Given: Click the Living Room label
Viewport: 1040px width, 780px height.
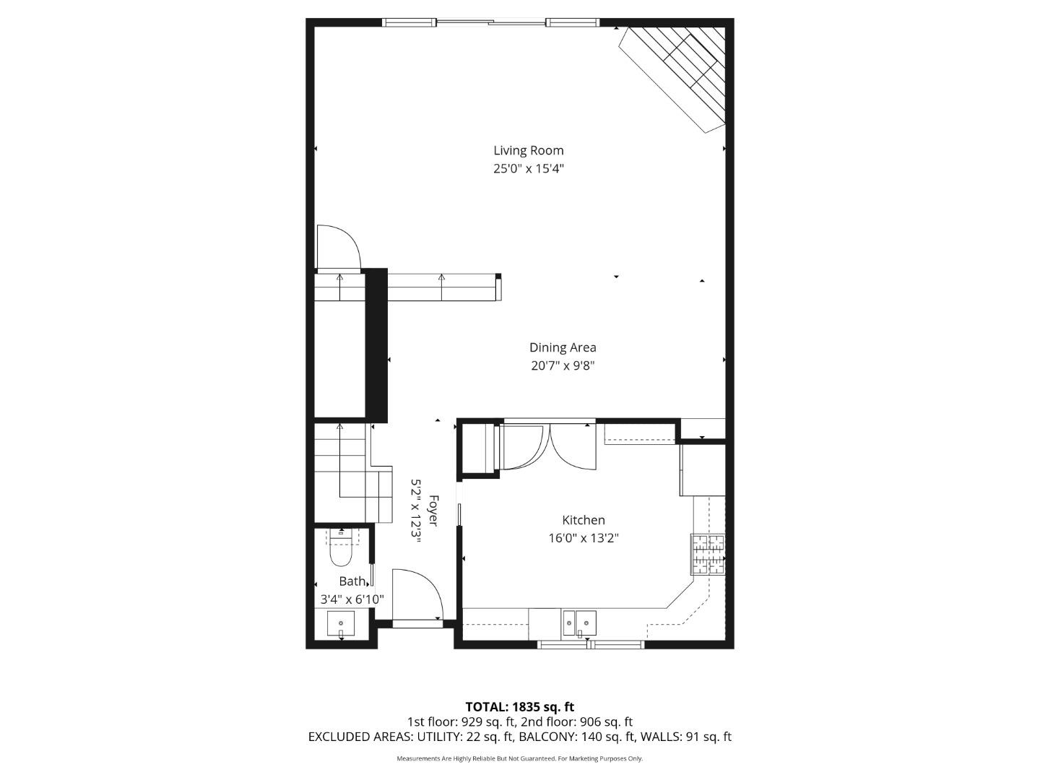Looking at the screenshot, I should click(x=528, y=150).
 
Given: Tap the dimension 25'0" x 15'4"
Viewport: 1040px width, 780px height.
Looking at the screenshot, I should click(x=528, y=169).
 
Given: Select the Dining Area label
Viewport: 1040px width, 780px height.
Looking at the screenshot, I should click(x=563, y=347).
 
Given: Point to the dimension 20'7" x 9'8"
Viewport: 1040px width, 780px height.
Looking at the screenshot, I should click(x=563, y=366).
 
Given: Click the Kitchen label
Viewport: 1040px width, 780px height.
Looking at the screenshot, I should click(x=584, y=520).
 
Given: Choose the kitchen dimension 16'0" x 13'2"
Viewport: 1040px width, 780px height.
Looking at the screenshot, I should click(x=584, y=538).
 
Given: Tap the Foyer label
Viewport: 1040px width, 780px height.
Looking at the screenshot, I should click(x=433, y=511).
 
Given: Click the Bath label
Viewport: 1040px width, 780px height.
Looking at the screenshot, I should click(x=352, y=581).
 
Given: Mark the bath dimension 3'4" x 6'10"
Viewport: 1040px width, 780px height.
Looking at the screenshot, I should click(x=352, y=599).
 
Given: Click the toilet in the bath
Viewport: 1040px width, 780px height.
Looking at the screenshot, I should click(x=340, y=550).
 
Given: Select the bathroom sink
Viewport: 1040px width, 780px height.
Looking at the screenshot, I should click(x=341, y=623).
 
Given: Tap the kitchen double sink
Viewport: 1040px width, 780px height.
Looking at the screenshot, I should click(x=579, y=622).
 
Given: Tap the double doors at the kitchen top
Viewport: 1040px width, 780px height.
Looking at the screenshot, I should click(x=547, y=447).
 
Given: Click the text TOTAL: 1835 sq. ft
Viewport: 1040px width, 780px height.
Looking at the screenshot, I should click(x=519, y=707).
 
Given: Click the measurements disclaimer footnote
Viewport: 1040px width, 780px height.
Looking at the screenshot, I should click(x=519, y=759).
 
